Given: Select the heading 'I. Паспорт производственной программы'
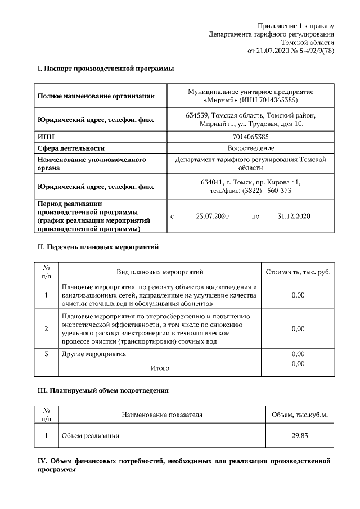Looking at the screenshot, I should (105, 69).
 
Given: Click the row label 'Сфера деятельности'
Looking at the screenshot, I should (71, 148).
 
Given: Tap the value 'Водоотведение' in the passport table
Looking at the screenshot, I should (250, 148).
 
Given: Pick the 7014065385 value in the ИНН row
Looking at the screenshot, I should (250, 137).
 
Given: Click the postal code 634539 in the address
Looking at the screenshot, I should (196, 115).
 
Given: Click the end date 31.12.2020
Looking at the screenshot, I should (294, 216).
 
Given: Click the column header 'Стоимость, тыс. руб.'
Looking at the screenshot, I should (298, 272).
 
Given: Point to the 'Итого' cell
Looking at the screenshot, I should (160, 368).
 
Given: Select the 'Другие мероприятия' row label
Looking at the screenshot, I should (94, 354).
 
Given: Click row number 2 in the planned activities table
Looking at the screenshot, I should (46, 328).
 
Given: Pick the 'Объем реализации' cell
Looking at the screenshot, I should (91, 435).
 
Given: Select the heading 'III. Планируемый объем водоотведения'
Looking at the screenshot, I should (103, 390).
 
